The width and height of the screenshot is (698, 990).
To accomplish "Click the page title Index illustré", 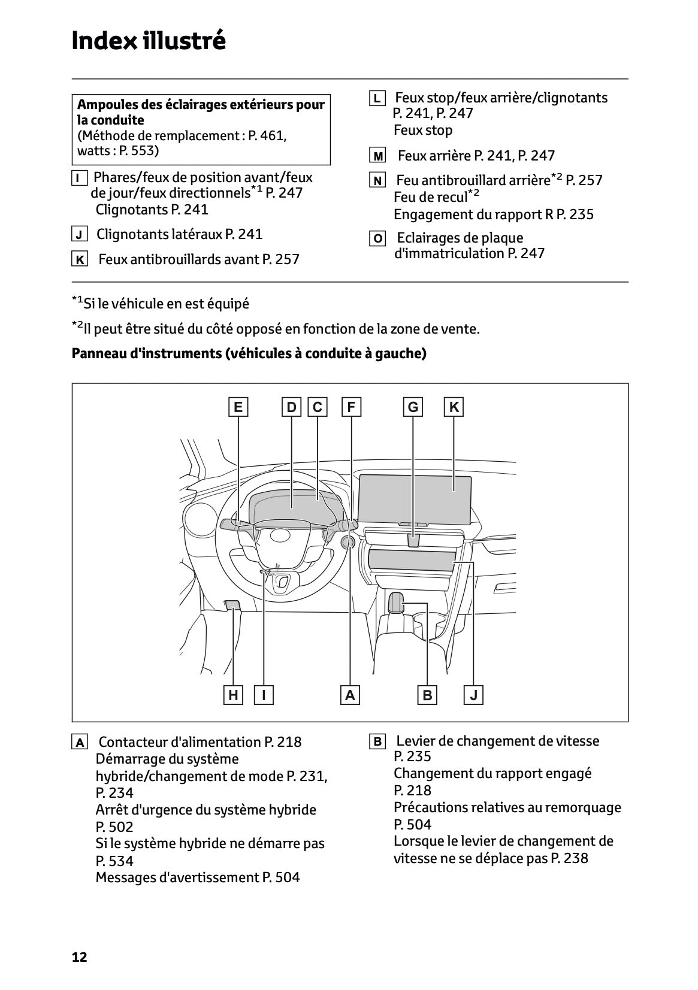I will [x=149, y=41].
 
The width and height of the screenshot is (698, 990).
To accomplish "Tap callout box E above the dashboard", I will [x=238, y=407].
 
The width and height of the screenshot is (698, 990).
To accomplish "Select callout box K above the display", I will [x=454, y=407].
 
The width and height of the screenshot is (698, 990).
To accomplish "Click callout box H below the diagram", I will [x=233, y=695].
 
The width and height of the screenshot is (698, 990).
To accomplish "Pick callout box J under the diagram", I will [x=473, y=695].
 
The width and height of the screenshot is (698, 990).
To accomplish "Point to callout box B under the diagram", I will [x=427, y=695].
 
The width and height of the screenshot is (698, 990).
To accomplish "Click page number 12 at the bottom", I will [x=79, y=957].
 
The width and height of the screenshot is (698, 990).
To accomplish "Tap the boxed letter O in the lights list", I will [x=377, y=239].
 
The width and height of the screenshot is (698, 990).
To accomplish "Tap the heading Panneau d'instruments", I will [x=146, y=353].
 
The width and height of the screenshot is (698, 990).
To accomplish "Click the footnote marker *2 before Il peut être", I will [x=77, y=326].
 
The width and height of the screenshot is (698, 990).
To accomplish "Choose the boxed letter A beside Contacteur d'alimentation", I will [x=79, y=743].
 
